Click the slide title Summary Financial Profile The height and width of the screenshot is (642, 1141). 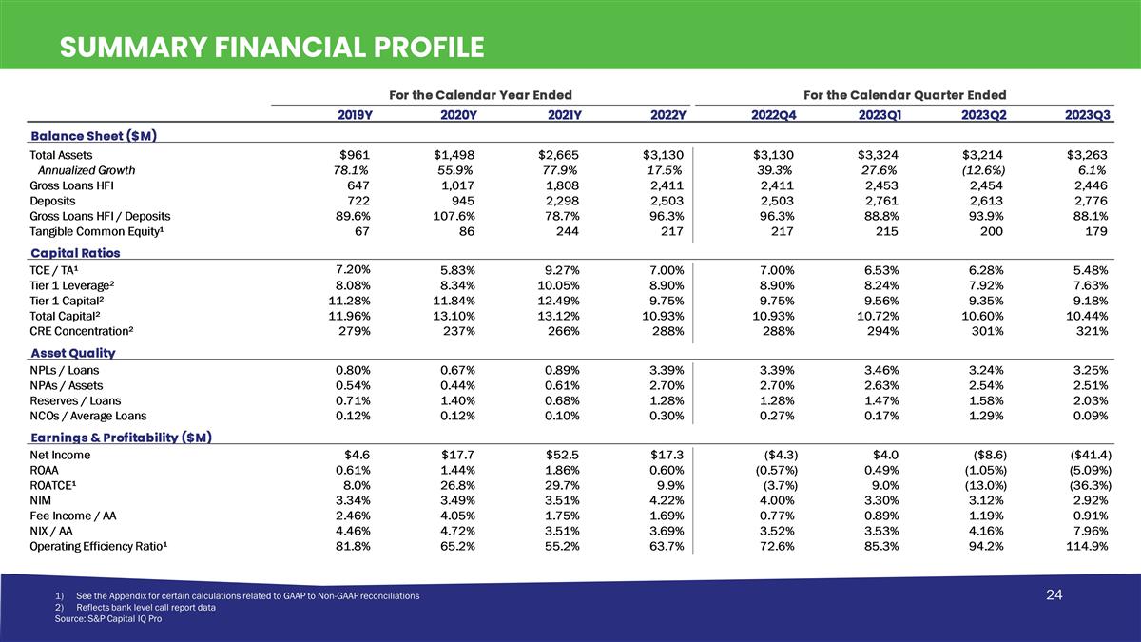(272, 47)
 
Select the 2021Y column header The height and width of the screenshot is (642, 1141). (565, 115)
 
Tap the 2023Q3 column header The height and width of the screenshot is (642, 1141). (1088, 115)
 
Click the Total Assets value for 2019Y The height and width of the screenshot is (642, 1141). (355, 155)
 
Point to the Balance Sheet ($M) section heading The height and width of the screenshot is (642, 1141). (94, 136)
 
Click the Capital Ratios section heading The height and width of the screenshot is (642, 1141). (75, 253)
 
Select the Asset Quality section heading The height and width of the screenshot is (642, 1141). (73, 353)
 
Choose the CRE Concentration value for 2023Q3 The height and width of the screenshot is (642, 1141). (1093, 331)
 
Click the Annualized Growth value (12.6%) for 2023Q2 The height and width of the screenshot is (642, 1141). (983, 170)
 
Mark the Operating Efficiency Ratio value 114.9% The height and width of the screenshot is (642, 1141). (1087, 546)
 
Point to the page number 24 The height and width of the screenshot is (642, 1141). (1054, 594)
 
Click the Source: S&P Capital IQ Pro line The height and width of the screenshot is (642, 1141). (108, 618)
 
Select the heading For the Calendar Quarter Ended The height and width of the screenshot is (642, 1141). (904, 95)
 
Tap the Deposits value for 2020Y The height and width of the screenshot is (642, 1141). (463, 201)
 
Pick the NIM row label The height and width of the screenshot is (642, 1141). (40, 500)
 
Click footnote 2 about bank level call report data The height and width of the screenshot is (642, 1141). (135, 608)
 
